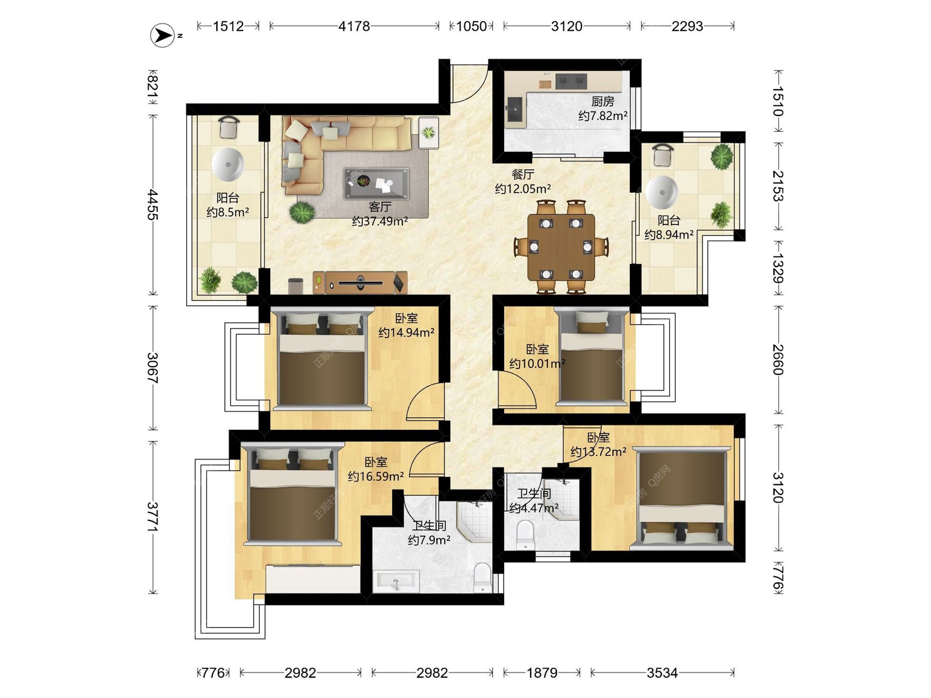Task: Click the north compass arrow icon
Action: [x=162, y=35]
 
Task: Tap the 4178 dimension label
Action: [x=354, y=26]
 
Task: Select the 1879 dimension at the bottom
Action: [x=542, y=673]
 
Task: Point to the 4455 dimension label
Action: [x=153, y=205]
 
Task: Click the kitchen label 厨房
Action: [x=603, y=101]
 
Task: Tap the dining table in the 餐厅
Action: [x=561, y=247]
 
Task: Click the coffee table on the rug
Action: [x=376, y=183]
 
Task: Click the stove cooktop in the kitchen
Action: [x=571, y=81]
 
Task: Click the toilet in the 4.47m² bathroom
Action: [x=525, y=535]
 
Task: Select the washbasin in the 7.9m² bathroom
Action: [x=397, y=580]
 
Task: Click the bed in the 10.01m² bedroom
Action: [x=591, y=356]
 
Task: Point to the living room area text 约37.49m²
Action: [x=380, y=222]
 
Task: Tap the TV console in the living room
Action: [x=360, y=283]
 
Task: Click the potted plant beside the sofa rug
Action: [x=302, y=212]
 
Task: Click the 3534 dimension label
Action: [x=662, y=673]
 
